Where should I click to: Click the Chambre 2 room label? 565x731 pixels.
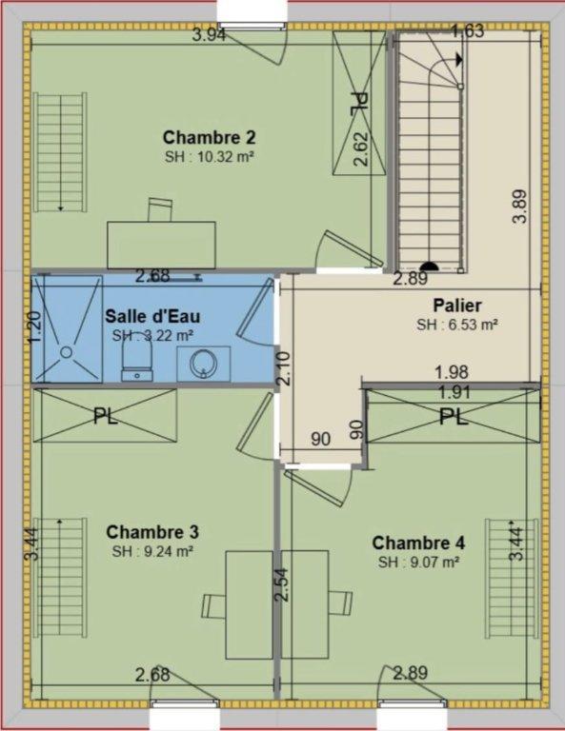pos(209,136)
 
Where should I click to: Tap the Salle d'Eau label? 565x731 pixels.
pos(152,316)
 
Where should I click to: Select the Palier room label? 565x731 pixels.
pos(457,306)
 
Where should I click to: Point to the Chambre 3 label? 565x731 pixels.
pos(152,531)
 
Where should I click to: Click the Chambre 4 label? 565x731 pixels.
pos(418,543)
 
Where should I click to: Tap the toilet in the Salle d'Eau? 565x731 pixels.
pos(134,356)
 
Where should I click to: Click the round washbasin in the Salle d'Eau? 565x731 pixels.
pos(203,361)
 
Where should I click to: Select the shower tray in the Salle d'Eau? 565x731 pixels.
pos(66,329)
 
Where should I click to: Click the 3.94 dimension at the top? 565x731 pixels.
pos(209,36)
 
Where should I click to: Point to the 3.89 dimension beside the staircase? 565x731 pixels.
pos(519,207)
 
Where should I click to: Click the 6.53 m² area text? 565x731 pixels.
pos(457,325)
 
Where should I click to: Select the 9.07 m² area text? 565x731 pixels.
pos(418,562)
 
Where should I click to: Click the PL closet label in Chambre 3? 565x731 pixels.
pos(106,416)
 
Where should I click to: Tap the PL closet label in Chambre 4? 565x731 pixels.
pos(454,416)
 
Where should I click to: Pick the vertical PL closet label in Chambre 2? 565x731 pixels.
pos(358,105)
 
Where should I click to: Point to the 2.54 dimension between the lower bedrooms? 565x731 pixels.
pos(281,583)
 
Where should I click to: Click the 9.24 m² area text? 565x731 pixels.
pos(152,550)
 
